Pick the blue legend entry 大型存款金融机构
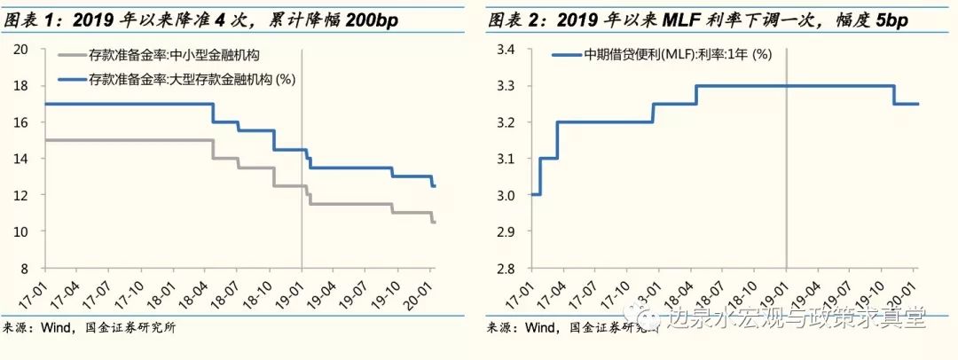(191, 81)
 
